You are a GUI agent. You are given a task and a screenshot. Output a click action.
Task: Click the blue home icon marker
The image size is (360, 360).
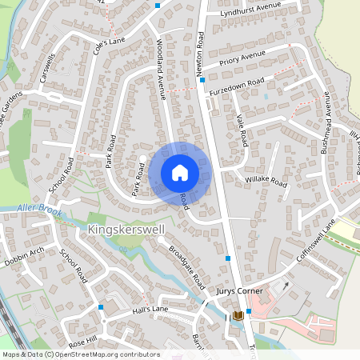(180, 173)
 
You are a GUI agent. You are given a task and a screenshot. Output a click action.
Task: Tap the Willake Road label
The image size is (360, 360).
(266, 182)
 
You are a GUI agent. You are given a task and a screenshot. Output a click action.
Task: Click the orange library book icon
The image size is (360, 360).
(238, 317)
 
